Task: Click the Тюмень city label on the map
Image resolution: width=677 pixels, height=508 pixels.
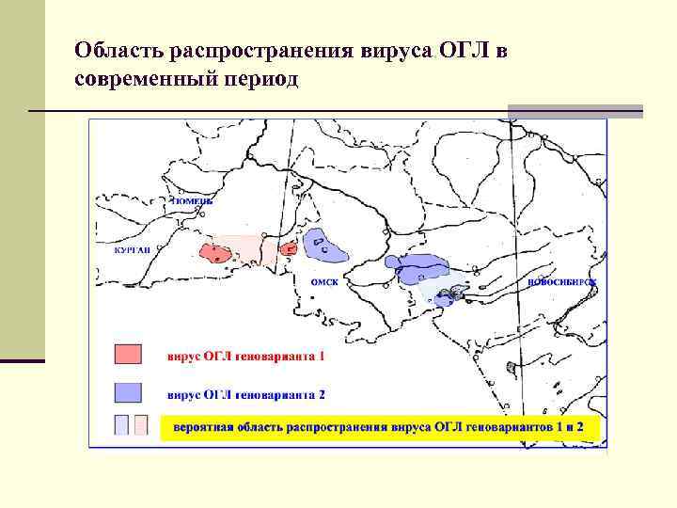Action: coord(193,200)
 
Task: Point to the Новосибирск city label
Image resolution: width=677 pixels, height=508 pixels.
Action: coord(563,281)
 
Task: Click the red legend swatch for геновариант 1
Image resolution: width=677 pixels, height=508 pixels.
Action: coord(128,354)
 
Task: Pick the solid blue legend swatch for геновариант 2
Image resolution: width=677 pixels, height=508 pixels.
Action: coord(128,391)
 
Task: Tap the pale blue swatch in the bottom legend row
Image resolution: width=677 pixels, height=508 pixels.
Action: coord(121,424)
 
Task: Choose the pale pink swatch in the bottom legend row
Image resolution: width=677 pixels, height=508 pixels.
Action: coord(141,424)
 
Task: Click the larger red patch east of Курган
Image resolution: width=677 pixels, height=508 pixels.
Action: coord(217,252)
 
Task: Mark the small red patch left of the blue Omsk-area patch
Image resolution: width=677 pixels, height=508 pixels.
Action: coord(288,249)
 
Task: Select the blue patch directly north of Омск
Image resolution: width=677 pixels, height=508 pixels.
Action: coord(324,246)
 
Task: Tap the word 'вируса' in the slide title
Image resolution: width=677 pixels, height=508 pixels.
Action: coord(396,49)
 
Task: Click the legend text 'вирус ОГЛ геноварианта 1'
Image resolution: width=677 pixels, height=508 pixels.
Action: coord(246,357)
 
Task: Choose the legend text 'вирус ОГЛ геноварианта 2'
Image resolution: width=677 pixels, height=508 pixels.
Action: coord(246,393)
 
